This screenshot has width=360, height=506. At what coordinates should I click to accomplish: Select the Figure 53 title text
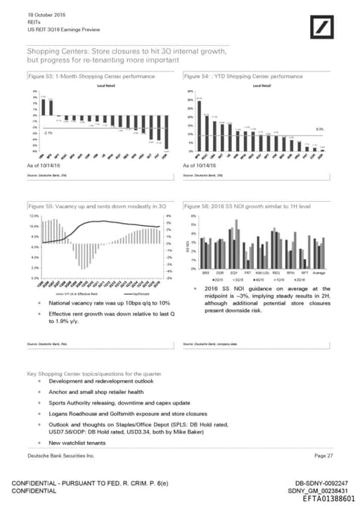click(82, 75)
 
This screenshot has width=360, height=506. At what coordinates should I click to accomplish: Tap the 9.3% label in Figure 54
click(319, 129)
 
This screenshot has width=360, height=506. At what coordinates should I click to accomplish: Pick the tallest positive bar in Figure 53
click(42, 106)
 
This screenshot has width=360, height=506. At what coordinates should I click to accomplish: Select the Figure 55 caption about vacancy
click(96, 206)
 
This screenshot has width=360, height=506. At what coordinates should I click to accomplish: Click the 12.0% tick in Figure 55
click(34, 216)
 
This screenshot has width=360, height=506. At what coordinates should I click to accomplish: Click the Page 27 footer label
click(324, 457)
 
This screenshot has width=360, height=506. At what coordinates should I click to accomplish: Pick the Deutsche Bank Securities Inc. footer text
click(60, 457)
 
